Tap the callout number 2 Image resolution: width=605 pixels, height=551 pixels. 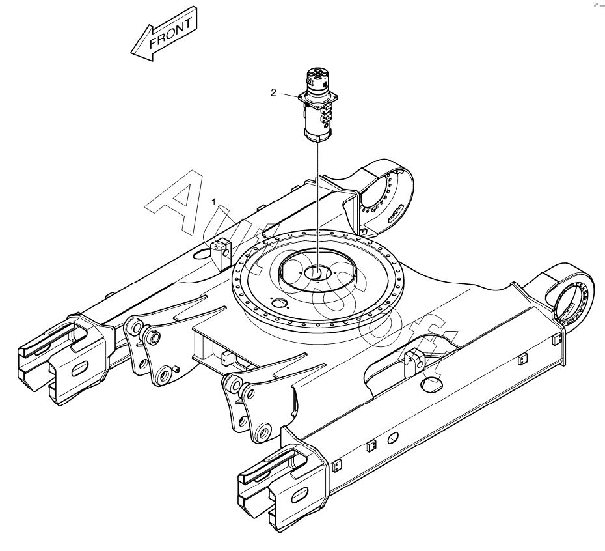(275, 93)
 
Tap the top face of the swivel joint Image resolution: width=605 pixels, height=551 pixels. (319, 77)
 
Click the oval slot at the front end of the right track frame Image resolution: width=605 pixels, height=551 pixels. (297, 496)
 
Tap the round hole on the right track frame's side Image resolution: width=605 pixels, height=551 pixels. (392, 439)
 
